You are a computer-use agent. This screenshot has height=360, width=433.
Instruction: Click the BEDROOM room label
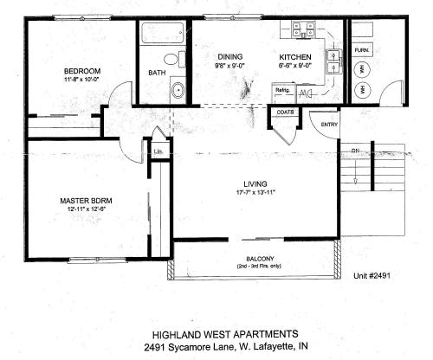[x=83, y=70]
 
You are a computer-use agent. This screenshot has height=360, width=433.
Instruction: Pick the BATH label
[x=156, y=73]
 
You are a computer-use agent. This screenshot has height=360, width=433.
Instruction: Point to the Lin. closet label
[x=158, y=152]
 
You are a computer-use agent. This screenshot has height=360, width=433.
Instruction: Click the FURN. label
[x=361, y=50]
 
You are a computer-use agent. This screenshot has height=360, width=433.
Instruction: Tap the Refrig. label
[x=282, y=90]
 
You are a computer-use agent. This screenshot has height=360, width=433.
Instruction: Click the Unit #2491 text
[x=372, y=277]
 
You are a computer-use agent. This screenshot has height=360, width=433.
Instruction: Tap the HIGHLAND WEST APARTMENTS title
[x=216, y=332]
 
